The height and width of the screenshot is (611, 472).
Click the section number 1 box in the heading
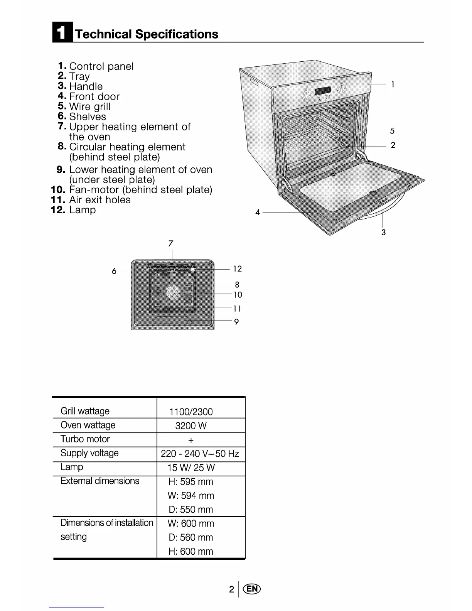(x=61, y=34)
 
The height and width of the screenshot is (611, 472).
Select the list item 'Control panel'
(x=101, y=66)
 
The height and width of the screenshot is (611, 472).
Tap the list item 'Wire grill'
(x=89, y=106)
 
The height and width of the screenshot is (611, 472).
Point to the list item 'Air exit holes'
(x=99, y=200)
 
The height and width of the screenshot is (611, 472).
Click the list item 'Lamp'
(x=82, y=210)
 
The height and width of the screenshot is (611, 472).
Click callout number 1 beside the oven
(x=393, y=84)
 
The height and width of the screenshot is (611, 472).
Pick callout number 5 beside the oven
(x=392, y=131)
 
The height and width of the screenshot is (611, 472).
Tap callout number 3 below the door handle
(x=383, y=232)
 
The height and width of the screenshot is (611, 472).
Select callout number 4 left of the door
(x=258, y=212)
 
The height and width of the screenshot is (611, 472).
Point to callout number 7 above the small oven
(x=171, y=243)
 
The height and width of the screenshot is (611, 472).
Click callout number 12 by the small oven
(x=237, y=269)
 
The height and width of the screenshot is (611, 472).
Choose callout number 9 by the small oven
(x=236, y=322)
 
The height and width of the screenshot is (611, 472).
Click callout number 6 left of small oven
(x=114, y=271)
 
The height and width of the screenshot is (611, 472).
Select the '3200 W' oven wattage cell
(x=191, y=426)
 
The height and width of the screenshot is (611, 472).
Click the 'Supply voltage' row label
(x=89, y=453)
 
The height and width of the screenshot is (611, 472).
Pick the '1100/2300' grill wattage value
(x=191, y=412)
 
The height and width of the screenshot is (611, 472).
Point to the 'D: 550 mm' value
(x=191, y=510)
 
